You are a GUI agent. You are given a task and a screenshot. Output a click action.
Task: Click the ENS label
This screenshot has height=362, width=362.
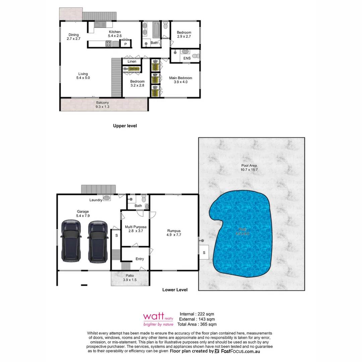pyautogui.click(x=187, y=58)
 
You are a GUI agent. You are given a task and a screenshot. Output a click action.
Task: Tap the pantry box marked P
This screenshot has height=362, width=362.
pyautogui.click(x=125, y=44)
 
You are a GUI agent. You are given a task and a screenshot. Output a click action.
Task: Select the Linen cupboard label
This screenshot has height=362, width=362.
pyautogui.click(x=132, y=62)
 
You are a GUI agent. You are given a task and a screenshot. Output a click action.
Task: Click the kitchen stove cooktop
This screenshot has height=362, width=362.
pyautogui.click(x=109, y=43)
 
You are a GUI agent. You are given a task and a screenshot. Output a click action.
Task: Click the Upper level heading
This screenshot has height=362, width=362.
pyautogui.click(x=125, y=126)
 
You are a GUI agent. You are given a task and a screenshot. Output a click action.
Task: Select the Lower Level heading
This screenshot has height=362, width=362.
pyautogui.click(x=175, y=290)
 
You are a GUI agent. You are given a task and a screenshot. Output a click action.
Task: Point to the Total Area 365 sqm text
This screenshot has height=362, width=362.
pyautogui.click(x=197, y=324)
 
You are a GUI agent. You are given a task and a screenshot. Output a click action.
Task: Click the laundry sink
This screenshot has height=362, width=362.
pyautogui.click(x=107, y=198)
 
